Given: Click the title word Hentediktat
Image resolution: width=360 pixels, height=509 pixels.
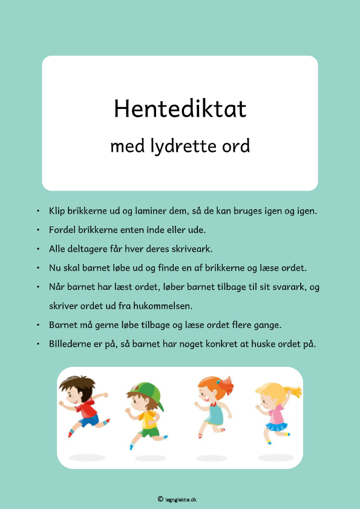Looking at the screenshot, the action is click(180, 109).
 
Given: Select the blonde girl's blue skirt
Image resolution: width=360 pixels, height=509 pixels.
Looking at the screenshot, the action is click(277, 427).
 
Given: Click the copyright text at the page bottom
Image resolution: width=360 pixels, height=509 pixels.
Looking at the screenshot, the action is click(180, 499).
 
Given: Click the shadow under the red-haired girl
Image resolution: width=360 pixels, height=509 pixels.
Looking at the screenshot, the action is click(212, 458).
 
